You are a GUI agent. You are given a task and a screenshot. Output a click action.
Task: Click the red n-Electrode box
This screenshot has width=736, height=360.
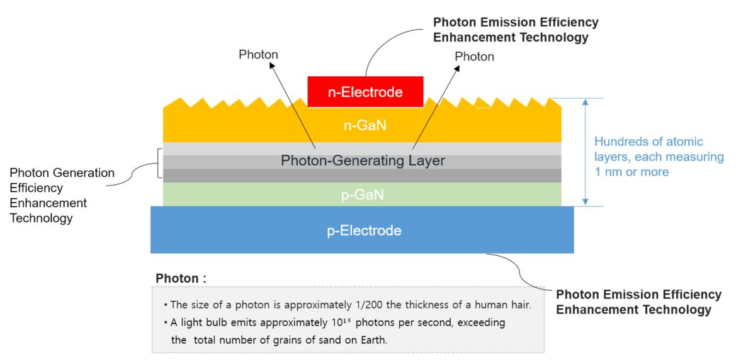pos(365,93)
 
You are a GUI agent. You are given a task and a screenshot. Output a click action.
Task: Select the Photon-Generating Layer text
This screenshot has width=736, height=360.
pos(362,161)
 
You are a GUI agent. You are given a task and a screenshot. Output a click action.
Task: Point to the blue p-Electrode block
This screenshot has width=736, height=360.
pos(362,230)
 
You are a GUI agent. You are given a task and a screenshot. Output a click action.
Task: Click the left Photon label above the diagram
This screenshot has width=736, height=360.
pos(258,55)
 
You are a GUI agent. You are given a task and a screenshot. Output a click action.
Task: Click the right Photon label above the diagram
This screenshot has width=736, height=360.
pos(474,56)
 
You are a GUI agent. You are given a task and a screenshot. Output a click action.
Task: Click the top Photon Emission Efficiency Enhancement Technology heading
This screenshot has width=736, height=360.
pos(516,30)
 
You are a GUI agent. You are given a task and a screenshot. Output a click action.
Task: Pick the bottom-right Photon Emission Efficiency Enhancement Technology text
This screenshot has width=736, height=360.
pos(638,301)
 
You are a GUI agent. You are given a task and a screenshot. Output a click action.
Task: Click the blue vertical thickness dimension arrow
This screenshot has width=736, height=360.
pos(586,152)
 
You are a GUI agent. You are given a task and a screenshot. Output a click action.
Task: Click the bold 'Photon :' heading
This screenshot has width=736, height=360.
pos(181,278)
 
